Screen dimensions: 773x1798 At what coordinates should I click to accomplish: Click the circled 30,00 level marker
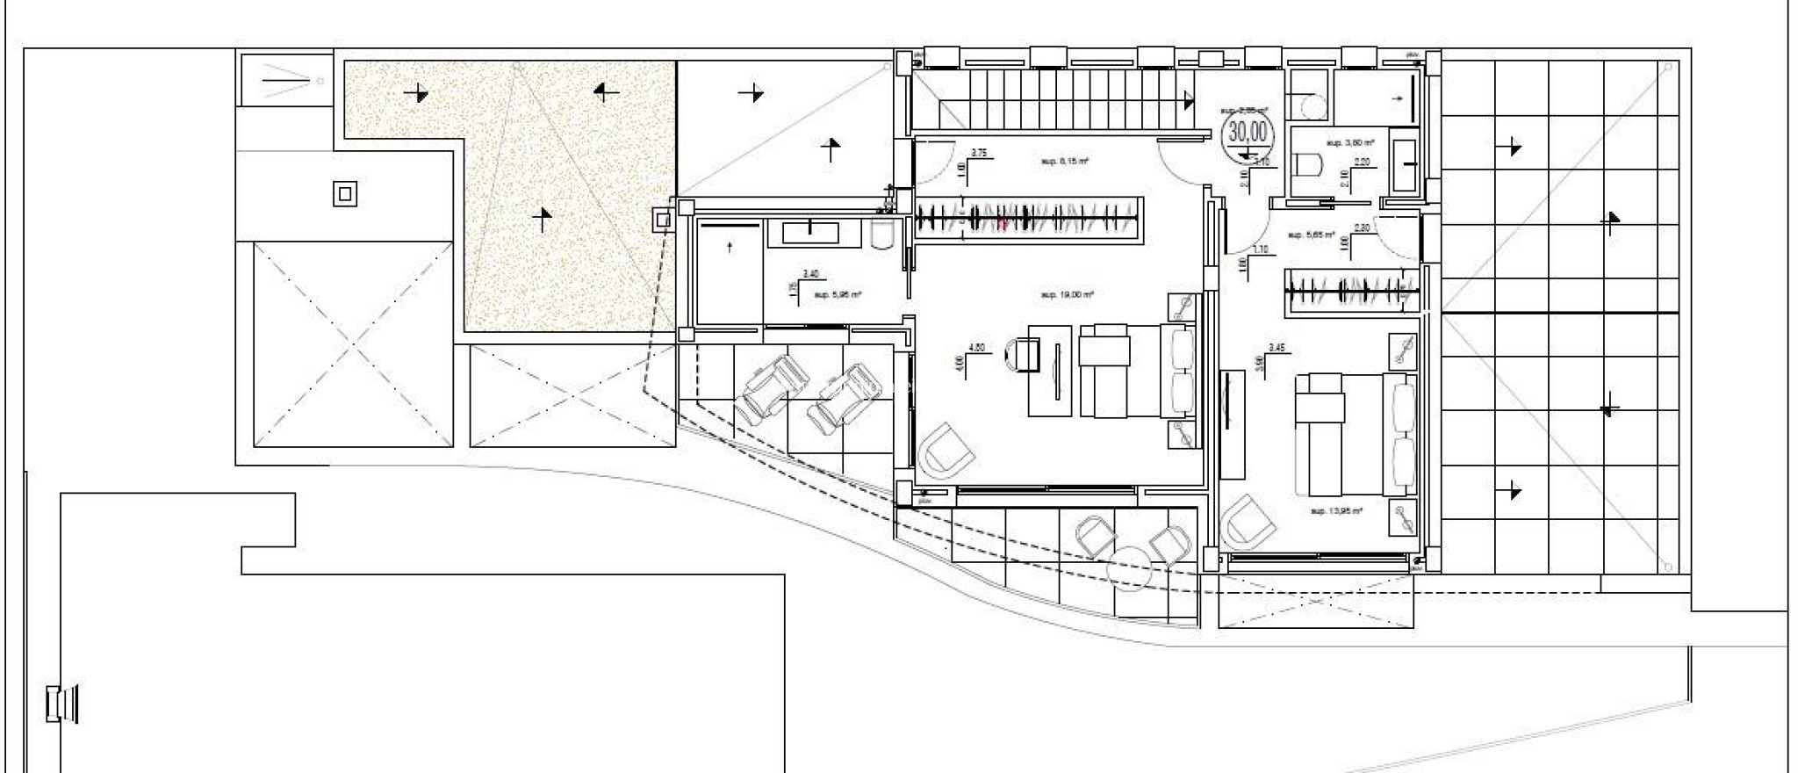pos(1248,133)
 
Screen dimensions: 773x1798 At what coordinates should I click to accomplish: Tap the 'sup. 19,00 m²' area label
pos(1066,295)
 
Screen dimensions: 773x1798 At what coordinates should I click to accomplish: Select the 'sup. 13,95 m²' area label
pos(1335,510)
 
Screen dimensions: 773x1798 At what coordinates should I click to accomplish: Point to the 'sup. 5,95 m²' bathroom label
pos(838,295)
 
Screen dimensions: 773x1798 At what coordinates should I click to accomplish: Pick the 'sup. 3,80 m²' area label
pos(1349,142)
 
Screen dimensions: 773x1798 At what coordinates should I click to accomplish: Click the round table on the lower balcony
pos(1129,569)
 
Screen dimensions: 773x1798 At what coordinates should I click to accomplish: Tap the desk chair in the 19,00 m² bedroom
pos(1021,356)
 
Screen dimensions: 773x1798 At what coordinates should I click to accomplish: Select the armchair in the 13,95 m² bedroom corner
pos(1248,523)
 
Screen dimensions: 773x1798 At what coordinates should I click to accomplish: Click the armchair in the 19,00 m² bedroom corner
pos(946,451)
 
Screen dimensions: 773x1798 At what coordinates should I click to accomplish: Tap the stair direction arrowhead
pos(1189,102)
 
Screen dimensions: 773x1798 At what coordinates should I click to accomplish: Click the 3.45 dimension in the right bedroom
pos(1277,348)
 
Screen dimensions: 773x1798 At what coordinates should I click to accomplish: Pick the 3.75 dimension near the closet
pos(980,153)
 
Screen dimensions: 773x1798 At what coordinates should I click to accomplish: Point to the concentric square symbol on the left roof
pos(345,194)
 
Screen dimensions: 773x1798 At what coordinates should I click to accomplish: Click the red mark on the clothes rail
pos(1001,223)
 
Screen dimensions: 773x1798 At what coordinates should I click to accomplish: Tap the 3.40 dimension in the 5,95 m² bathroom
pos(809,274)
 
